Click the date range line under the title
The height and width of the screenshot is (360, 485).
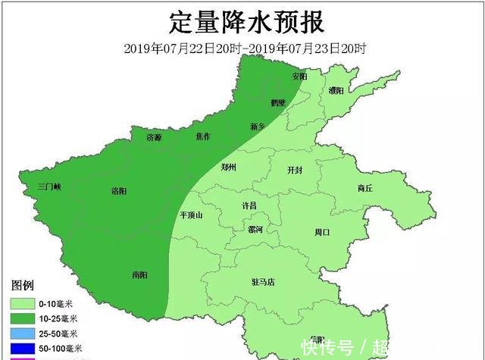tap(246, 49)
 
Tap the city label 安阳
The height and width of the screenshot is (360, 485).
tap(300, 77)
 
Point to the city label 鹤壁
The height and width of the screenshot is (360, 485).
tap(278, 102)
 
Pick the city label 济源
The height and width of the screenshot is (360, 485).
tap(154, 137)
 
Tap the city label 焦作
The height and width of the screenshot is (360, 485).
tap(203, 136)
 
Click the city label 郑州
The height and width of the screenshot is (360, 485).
tap(229, 167)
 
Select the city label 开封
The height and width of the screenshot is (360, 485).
tap(295, 171)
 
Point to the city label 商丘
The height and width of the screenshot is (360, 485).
tap(365, 188)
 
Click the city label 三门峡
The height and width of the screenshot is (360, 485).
tap(54, 186)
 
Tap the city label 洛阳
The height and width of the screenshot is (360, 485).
tap(120, 190)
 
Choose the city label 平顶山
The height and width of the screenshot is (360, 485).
tap(191, 214)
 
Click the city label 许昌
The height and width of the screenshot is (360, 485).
tap(249, 205)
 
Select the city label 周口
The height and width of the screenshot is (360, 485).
tap(322, 232)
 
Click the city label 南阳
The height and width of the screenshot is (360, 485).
tap(139, 274)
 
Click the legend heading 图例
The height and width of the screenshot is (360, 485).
tap(23, 285)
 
